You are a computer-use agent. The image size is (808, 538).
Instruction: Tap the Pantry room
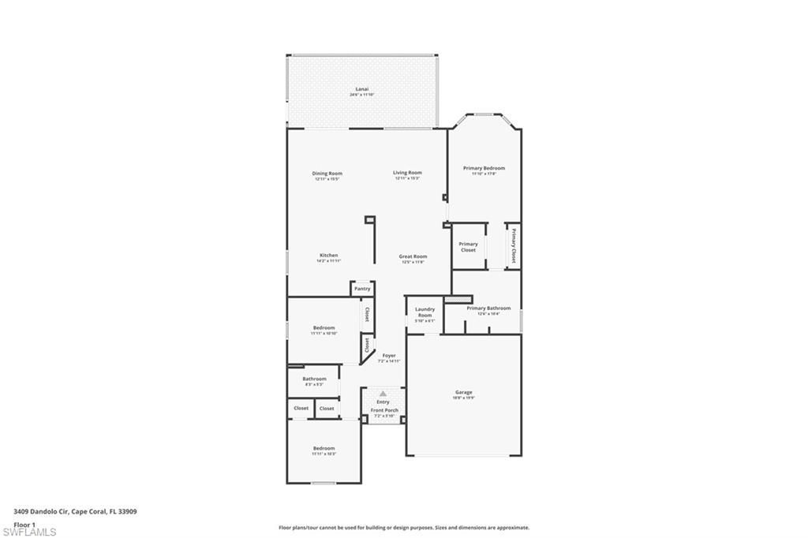click(362, 289)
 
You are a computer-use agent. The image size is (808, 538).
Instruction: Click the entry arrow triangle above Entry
click(383, 393)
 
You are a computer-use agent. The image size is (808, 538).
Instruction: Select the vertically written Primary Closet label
click(513, 245)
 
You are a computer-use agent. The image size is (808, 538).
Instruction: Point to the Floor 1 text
click(24, 524)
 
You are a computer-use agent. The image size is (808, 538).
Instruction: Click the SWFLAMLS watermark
click(29, 532)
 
